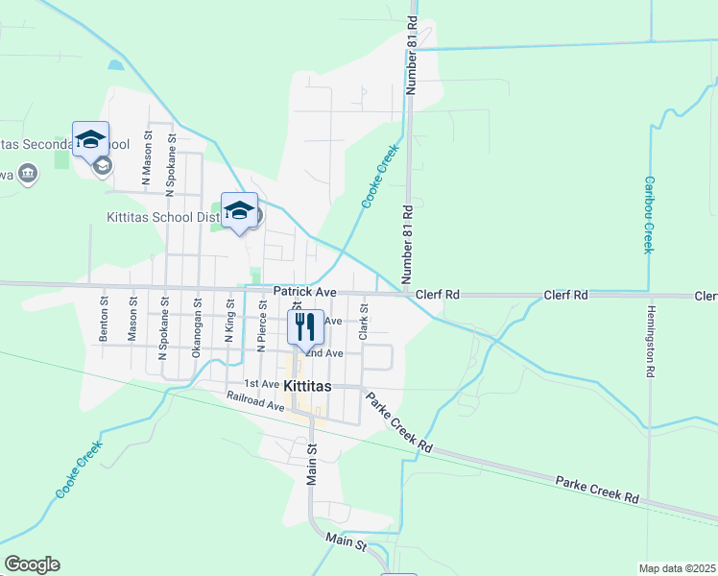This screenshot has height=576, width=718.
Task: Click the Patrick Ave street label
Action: [304, 291]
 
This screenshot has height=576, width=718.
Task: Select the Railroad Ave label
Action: [256, 401]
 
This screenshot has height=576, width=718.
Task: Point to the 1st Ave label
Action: [262, 384]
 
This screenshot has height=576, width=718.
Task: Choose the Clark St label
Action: [364, 322]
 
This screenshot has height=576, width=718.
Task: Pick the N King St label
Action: [230, 320]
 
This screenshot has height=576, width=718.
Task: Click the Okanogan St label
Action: [196, 327]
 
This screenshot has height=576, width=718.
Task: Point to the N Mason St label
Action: [147, 158]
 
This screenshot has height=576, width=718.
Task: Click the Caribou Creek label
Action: [649, 214]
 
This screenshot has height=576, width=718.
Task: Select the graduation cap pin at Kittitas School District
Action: [239, 209]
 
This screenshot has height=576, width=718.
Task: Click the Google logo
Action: [32, 564]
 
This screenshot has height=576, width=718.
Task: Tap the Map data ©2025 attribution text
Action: [677, 568]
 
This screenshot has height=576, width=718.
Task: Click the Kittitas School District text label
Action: [163, 218]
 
